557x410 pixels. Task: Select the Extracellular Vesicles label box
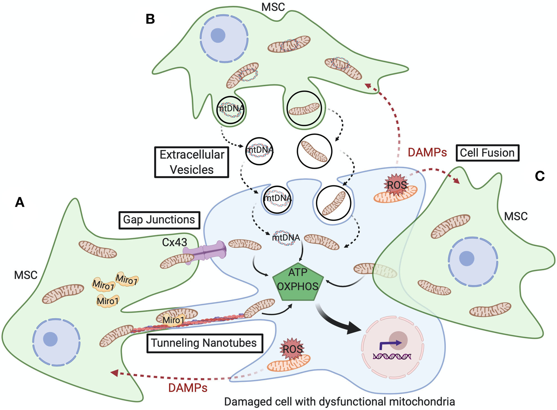point(192,162)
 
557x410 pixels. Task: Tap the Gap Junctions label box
point(159,220)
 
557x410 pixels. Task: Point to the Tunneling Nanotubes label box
point(204,343)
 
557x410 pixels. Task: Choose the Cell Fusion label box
point(487,153)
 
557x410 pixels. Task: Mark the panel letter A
point(20,202)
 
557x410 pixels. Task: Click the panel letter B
point(150,19)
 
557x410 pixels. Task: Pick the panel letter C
point(540,176)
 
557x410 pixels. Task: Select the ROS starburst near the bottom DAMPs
point(293,349)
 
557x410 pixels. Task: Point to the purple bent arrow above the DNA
point(390,344)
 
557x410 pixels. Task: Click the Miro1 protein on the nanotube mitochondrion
point(173,320)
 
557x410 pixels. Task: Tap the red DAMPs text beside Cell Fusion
point(427,153)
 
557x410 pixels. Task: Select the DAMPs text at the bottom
point(188,388)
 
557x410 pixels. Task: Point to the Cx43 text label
point(174,242)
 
